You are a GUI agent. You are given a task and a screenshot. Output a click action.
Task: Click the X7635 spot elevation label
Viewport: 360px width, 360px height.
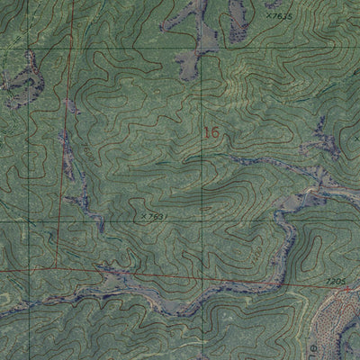click(280, 15)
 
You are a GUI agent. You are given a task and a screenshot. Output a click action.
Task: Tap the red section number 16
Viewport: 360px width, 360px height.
click(211, 132)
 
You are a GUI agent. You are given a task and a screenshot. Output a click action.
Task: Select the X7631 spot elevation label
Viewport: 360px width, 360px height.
click(154, 216)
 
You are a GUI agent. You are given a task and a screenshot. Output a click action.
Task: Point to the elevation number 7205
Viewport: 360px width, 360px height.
click(335, 282)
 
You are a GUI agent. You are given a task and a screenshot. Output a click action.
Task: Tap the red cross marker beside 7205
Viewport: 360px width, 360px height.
click(349, 289)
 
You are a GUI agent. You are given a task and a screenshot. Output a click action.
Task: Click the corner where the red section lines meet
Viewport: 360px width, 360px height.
click(56, 266)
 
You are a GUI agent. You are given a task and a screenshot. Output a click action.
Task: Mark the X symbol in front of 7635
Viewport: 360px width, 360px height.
click(268, 15)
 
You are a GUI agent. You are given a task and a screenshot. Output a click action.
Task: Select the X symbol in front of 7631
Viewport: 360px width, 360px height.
click(143, 216)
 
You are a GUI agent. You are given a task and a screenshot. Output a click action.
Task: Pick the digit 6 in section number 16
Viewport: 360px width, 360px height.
click(214, 132)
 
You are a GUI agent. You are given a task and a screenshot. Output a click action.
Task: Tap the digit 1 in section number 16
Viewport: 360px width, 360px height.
click(206, 132)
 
